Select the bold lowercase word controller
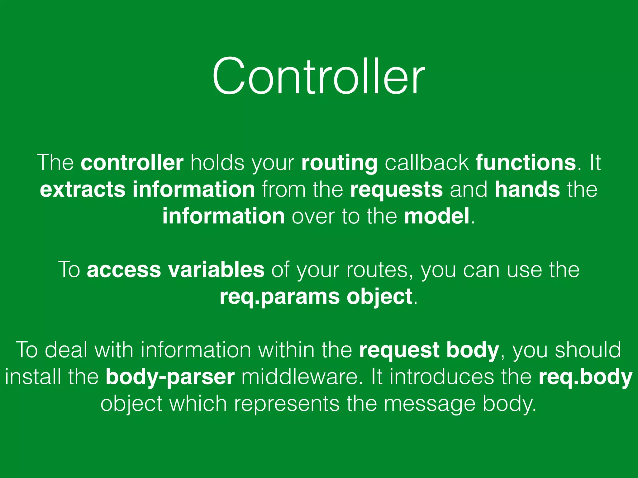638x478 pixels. tap(132, 162)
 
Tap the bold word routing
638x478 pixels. tap(339, 163)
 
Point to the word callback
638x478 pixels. tap(427, 162)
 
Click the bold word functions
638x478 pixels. tap(526, 162)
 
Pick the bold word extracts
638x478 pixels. tap(82, 190)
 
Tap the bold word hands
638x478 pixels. tap(527, 190)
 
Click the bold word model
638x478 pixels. tap(437, 216)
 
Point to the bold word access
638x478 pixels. tap(124, 270)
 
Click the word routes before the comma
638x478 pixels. tap(377, 270)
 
